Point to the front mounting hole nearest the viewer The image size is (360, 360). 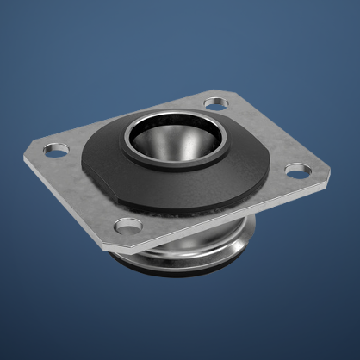(x=128, y=227)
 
